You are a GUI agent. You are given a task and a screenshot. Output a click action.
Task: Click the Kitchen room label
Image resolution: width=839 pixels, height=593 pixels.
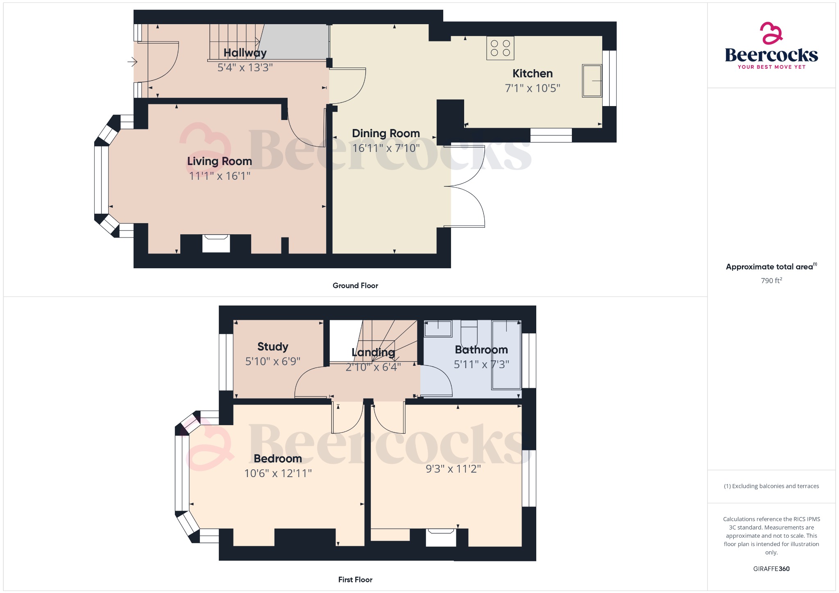tap(533, 74)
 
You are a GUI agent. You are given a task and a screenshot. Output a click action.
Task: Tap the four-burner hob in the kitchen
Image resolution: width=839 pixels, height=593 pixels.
tap(500, 48)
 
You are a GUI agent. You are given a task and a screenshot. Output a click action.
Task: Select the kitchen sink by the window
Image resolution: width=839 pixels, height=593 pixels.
tap(592, 81)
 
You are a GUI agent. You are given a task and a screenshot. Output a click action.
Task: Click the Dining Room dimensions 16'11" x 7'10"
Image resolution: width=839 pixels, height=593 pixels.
tap(386, 148)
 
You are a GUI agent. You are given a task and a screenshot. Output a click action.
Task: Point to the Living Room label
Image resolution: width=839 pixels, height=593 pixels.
tap(220, 161)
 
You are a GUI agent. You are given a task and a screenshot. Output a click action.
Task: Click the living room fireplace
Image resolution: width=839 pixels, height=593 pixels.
tap(216, 243)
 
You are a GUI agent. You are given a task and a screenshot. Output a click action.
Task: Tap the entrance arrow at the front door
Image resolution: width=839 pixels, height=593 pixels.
tap(132, 62)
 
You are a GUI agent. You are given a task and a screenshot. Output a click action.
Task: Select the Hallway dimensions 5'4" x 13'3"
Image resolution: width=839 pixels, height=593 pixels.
tap(245, 68)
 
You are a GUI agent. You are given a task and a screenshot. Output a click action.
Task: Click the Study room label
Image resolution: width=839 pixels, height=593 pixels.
tap(273, 347)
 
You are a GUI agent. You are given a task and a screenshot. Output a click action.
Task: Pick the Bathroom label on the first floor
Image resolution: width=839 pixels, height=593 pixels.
tap(481, 350)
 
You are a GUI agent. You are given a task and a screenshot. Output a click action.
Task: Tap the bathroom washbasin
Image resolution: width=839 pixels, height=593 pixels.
tap(438, 328)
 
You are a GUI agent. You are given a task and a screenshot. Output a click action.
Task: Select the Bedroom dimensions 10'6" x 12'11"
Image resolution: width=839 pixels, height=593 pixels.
tap(278, 473)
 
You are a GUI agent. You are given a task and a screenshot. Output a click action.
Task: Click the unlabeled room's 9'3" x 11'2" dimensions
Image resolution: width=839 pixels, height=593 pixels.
tap(453, 469)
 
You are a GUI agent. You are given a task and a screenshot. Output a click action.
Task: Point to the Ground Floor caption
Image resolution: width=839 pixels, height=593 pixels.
tap(355, 285)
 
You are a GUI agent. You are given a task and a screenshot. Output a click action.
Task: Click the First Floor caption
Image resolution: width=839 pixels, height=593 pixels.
tap(355, 579)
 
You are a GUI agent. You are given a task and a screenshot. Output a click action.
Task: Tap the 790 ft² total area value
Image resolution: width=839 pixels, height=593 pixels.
tap(771, 281)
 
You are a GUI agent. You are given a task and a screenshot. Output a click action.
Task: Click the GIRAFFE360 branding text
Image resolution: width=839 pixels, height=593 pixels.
tap(771, 569)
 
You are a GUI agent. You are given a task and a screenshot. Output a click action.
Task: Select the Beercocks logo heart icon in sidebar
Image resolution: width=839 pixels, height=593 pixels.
tap(771, 33)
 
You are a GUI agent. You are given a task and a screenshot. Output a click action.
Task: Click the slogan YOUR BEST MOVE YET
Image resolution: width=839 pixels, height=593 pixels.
tap(771, 67)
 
